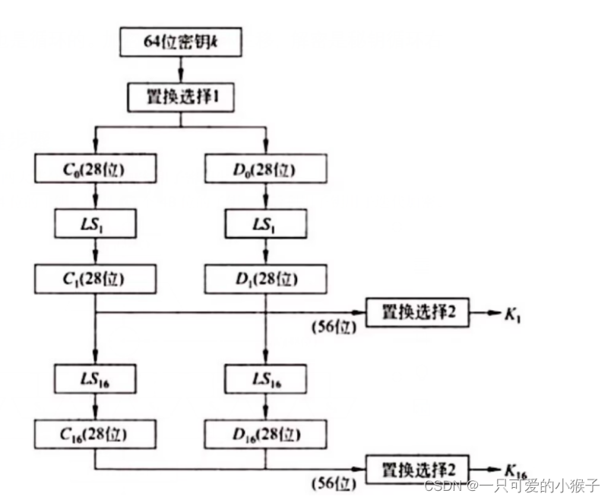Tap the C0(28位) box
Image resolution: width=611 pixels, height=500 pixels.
[x=95, y=169]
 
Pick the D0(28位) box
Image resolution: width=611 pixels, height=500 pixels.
[x=264, y=169]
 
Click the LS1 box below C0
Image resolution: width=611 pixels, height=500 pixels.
[x=95, y=224]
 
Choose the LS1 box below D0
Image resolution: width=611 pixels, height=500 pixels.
[x=264, y=224]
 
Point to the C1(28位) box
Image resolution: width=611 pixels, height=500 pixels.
[x=95, y=279]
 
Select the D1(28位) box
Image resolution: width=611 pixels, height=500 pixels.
[x=264, y=279]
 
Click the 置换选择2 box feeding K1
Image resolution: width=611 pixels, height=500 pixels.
[x=417, y=312]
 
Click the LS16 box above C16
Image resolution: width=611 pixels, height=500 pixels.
[x=95, y=378]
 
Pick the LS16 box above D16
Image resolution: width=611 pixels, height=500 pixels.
[x=264, y=378]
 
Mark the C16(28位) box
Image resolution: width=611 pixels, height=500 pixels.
[x=95, y=433]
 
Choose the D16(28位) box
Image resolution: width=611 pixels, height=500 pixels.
[x=264, y=433]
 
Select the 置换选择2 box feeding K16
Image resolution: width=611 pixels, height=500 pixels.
[x=417, y=467]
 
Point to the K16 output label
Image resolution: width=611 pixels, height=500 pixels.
[x=514, y=469]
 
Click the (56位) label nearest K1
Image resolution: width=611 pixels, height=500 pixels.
[x=333, y=328]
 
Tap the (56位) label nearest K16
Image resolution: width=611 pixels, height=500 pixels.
[x=333, y=483]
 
